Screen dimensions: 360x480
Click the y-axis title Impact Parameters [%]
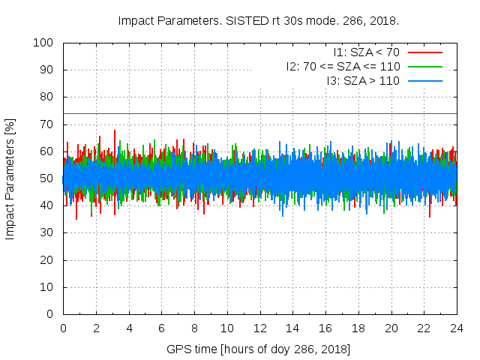tap(10, 178)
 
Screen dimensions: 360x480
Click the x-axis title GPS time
tap(259, 349)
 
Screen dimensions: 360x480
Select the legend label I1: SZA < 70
tap(366, 52)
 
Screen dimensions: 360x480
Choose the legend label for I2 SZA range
tap(343, 66)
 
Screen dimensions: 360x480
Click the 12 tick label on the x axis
tap(260, 328)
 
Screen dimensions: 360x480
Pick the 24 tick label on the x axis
tap(457, 328)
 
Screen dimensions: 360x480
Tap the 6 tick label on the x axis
tap(161, 328)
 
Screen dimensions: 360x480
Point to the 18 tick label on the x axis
tap(358, 328)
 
